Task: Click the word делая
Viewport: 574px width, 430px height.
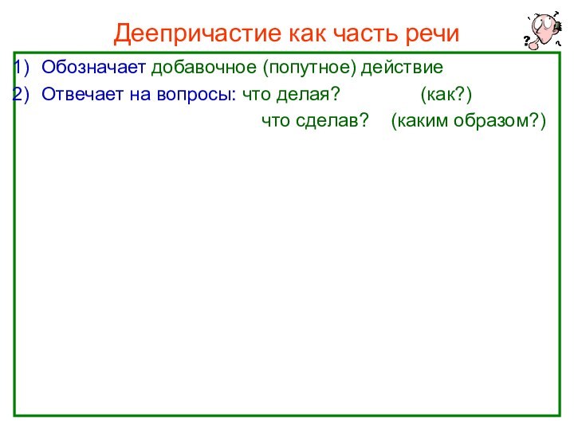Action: point(305,96)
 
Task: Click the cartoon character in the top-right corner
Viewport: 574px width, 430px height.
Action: point(543,29)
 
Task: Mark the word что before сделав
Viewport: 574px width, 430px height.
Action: point(277,122)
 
